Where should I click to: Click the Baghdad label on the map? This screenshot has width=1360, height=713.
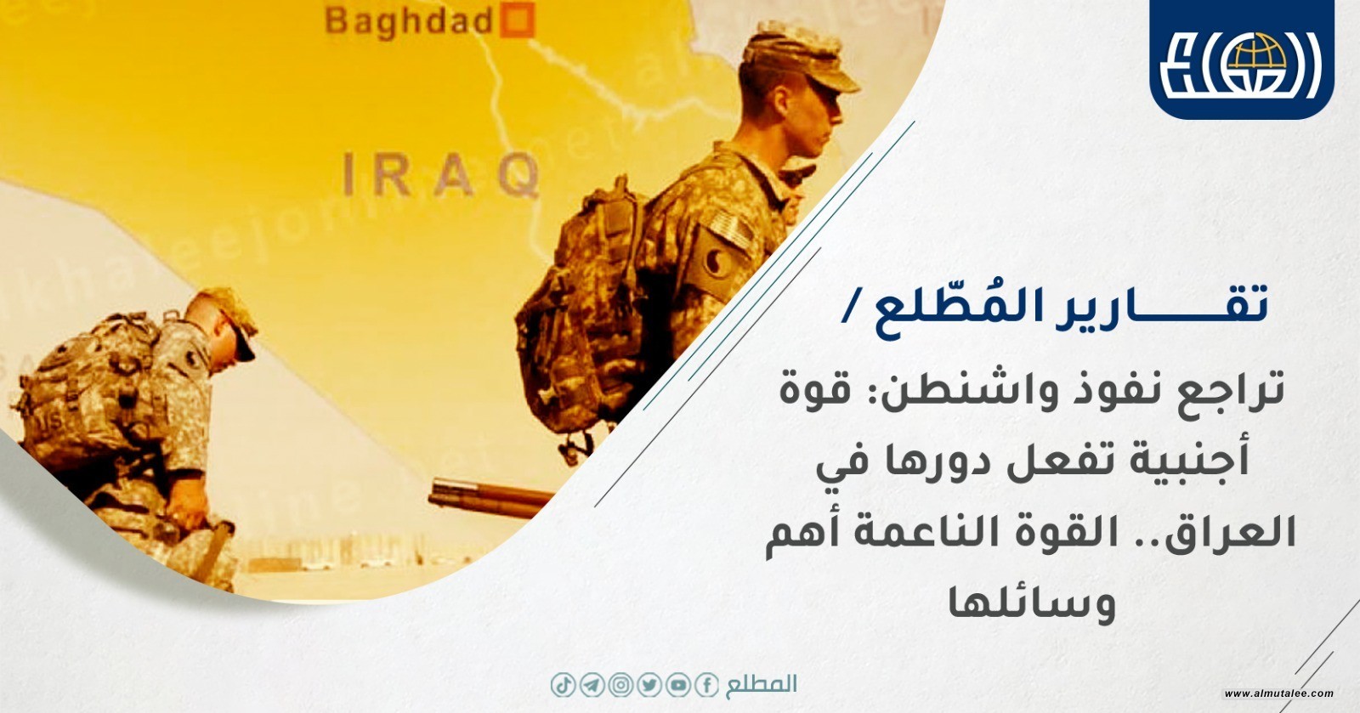point(408,22)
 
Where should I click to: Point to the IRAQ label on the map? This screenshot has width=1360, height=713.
point(441,175)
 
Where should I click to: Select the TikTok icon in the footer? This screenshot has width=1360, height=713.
point(563,685)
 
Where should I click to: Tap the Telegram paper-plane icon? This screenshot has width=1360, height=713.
point(592,685)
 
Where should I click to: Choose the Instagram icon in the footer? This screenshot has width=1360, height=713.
point(620,685)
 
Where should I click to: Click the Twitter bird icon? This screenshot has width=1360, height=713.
point(649,685)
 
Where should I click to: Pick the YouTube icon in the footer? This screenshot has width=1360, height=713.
point(677,685)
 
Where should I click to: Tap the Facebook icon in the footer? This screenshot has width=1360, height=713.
point(706,685)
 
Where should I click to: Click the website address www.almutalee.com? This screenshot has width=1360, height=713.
point(1279,693)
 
